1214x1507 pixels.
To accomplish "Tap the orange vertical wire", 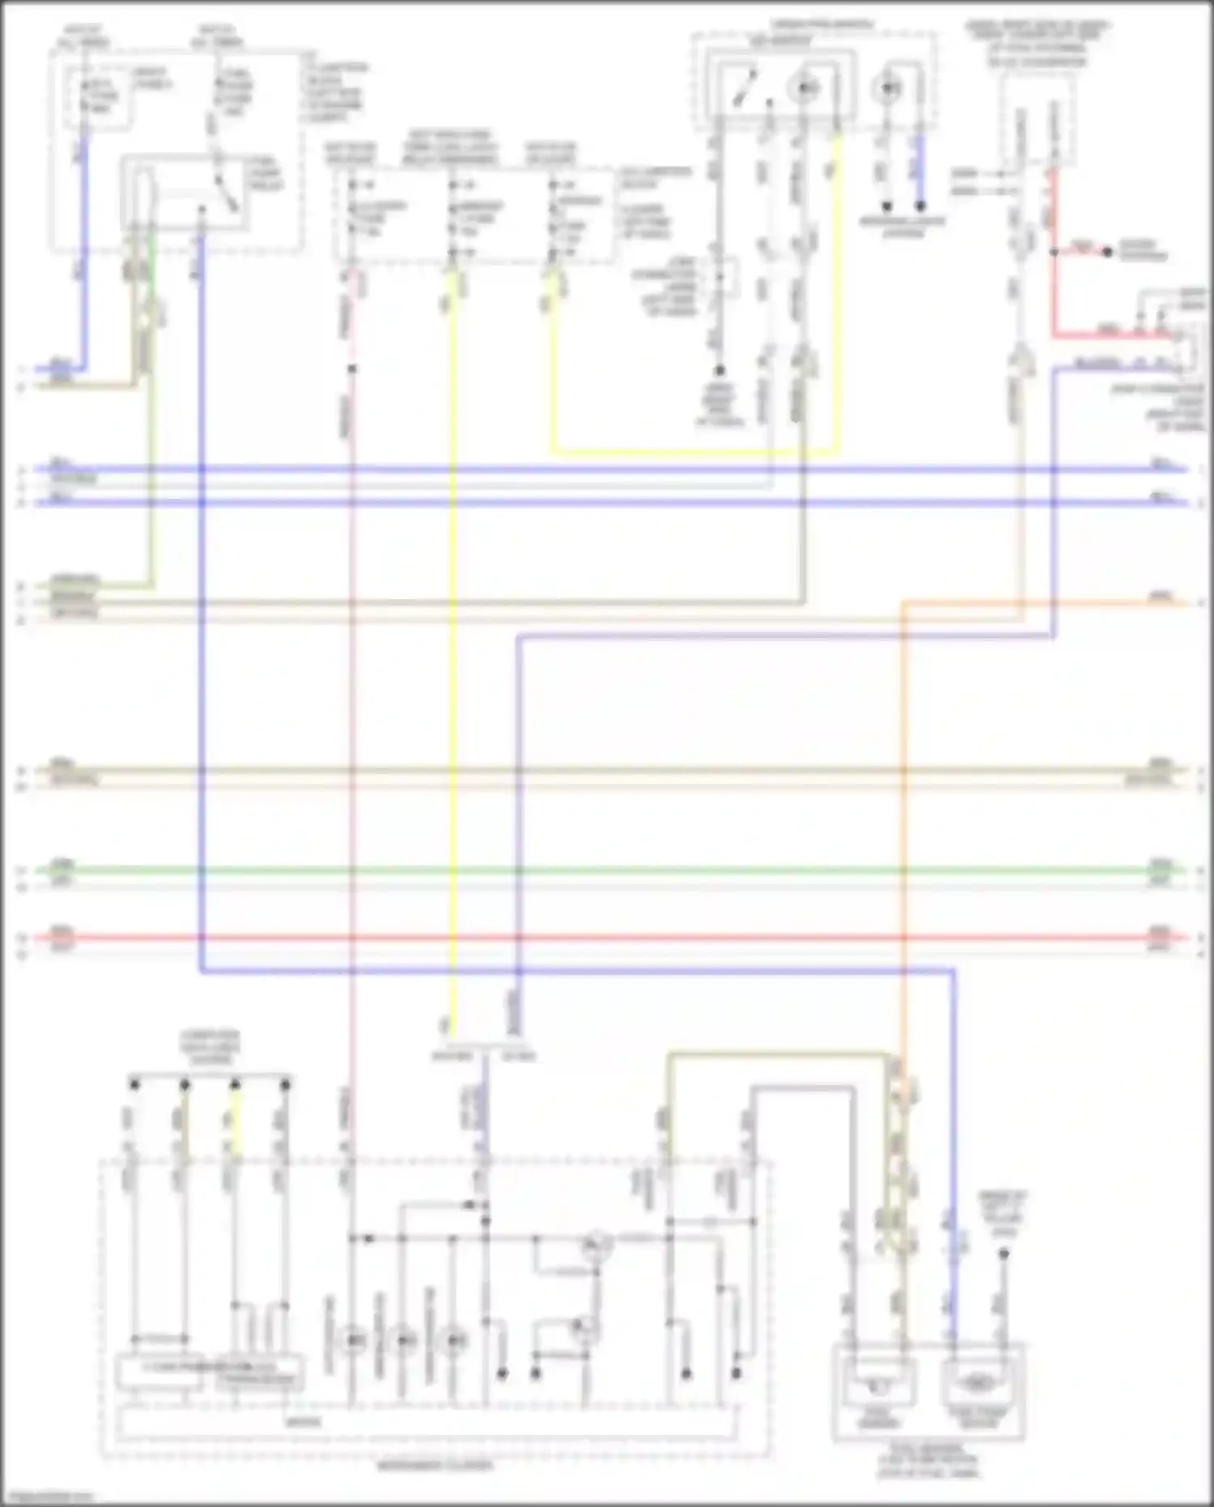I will coord(903,810).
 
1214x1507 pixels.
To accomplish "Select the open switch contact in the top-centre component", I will coord(742,89).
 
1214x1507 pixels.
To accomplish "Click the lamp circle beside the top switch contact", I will coord(806,88).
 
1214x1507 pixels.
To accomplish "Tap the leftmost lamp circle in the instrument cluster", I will coord(353,1339).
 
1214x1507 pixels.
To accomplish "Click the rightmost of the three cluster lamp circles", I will coord(455,1339).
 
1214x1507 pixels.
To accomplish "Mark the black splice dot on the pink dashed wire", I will coord(353,369).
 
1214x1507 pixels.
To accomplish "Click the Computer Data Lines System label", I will coord(210,1047).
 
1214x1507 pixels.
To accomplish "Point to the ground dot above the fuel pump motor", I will coord(1004,1254).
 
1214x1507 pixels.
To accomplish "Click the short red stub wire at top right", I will coord(1081,251).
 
